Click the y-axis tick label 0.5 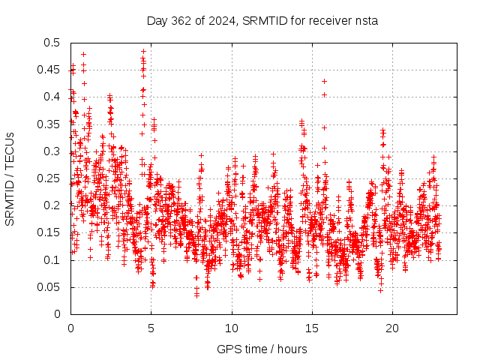pos(52,43)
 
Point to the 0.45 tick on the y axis pos(49,70)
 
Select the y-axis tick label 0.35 pos(49,124)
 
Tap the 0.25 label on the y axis pos(49,178)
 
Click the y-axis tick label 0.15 pos(49,232)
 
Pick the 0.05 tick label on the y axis pos(49,287)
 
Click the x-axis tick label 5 pos(151,328)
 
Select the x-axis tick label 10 pos(232,328)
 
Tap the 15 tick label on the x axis pos(312,328)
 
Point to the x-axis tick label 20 pos(392,328)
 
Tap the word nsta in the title pos(367,21)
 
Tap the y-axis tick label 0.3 pos(52,151)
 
